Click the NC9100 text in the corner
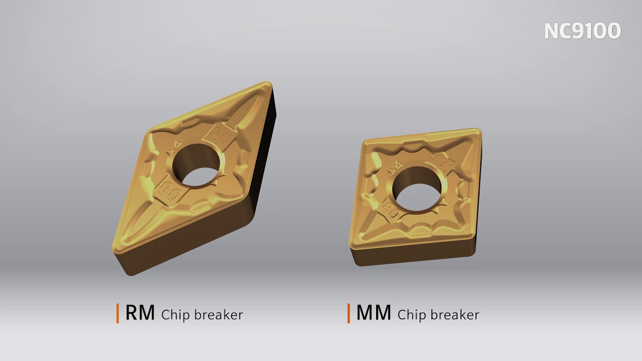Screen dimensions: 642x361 [x=582, y=31]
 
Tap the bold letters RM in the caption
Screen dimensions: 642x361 [x=140, y=313]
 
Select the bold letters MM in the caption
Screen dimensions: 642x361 [x=374, y=313]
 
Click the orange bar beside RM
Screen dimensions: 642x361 [x=117, y=313]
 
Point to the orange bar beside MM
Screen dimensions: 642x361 [x=349, y=313]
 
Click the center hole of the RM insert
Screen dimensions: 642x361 [x=197, y=165]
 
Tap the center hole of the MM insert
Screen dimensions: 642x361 [x=418, y=189]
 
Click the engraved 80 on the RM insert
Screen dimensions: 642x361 [x=170, y=192]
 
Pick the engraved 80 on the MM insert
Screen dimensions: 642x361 [x=392, y=211]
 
